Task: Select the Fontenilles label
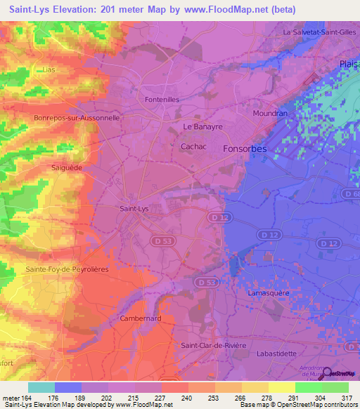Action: click(162, 100)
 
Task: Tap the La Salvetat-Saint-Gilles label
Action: click(320, 32)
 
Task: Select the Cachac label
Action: click(193, 146)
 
